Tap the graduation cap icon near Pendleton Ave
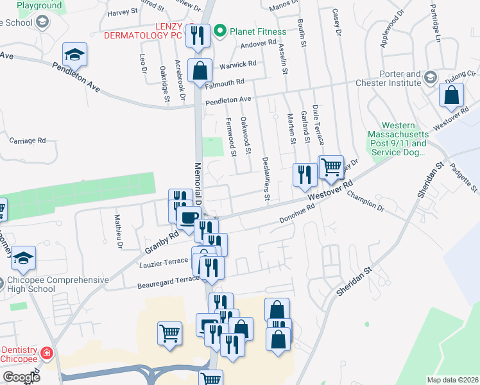[74, 55]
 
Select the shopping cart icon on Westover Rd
[330, 168]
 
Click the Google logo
[21, 377]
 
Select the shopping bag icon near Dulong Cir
[451, 95]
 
